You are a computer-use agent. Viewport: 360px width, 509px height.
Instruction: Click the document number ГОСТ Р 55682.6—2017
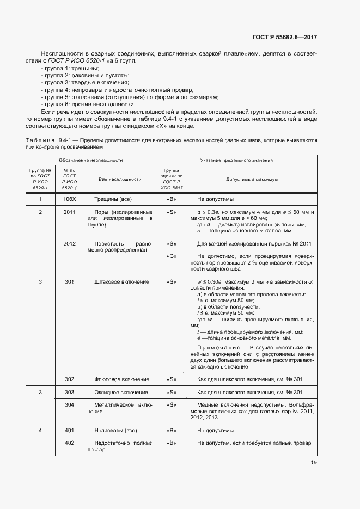coord(285,38)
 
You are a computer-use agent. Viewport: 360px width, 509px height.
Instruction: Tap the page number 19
coord(313,463)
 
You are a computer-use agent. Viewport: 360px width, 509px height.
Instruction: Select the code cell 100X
coord(69,199)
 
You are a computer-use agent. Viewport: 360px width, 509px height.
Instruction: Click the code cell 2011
coord(69,212)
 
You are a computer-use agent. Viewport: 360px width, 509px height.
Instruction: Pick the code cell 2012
coord(69,244)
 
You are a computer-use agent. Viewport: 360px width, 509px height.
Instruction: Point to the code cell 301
coord(69,282)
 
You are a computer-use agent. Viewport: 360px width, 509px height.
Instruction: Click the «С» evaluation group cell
coord(172,256)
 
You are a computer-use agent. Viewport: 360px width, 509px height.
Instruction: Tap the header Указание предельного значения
coord(237,160)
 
